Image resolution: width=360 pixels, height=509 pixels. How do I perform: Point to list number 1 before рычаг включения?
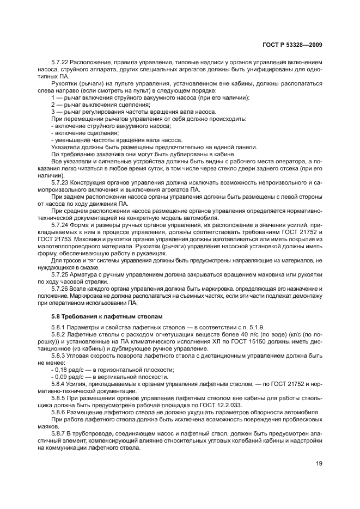point(53,97)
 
